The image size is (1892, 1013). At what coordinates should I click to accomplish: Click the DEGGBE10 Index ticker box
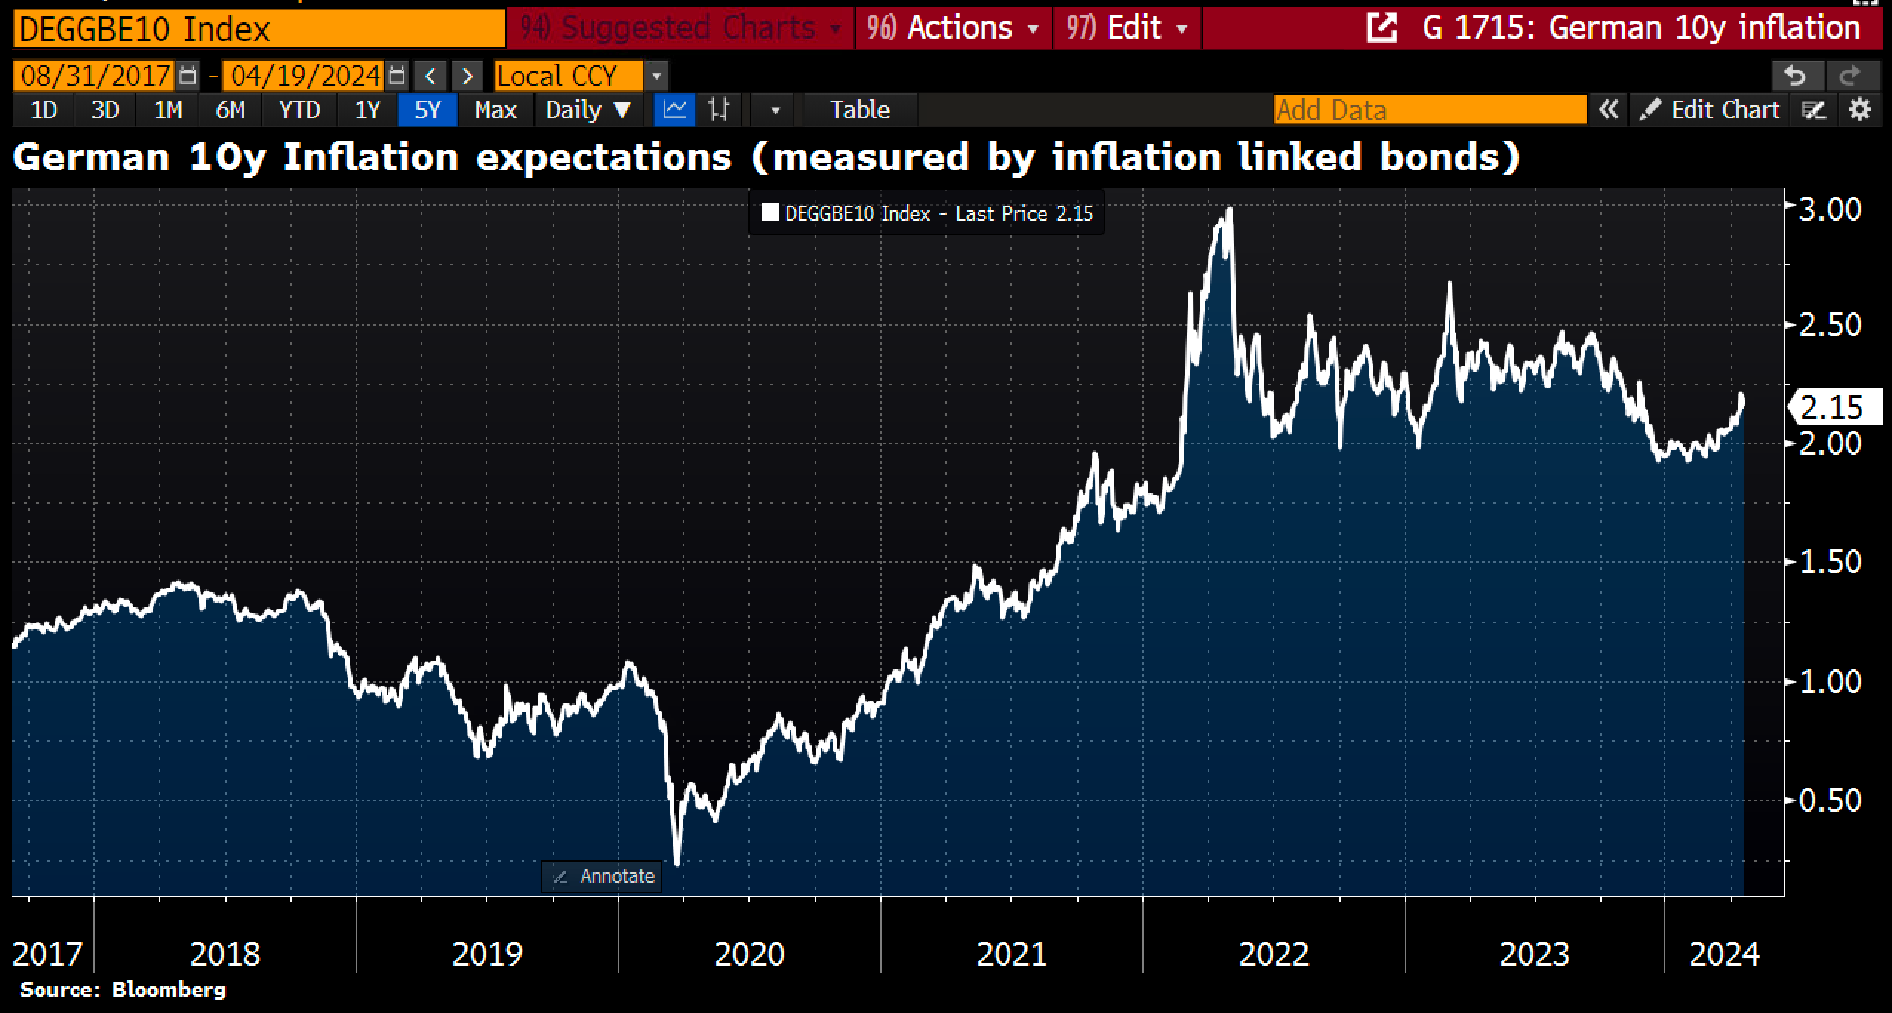(x=259, y=30)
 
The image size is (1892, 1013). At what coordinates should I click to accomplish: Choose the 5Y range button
(x=427, y=110)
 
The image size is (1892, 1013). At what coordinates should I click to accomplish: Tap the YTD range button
(x=299, y=110)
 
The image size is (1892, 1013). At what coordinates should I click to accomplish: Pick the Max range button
(x=495, y=110)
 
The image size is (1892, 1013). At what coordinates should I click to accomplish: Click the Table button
(x=859, y=110)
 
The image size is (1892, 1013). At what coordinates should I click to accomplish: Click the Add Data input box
(x=1430, y=110)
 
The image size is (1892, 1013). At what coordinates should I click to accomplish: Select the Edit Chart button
(x=1711, y=110)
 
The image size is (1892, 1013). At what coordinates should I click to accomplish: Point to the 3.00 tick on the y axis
(x=1829, y=210)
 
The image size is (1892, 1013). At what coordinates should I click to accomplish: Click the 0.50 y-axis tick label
(x=1829, y=800)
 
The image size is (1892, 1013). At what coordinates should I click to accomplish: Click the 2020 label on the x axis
(x=749, y=954)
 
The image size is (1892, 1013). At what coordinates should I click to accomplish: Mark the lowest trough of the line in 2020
(x=676, y=863)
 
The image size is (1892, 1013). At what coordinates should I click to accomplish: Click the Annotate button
(x=602, y=877)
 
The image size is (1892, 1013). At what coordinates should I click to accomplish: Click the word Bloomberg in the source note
(x=168, y=990)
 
